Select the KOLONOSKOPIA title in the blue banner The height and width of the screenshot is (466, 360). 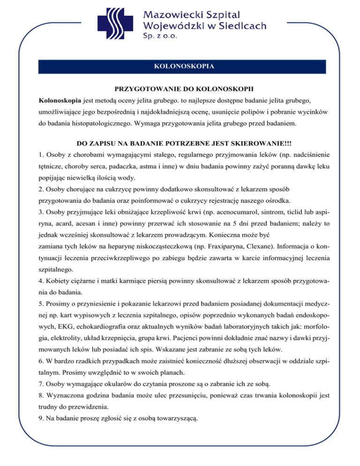point(184,66)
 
